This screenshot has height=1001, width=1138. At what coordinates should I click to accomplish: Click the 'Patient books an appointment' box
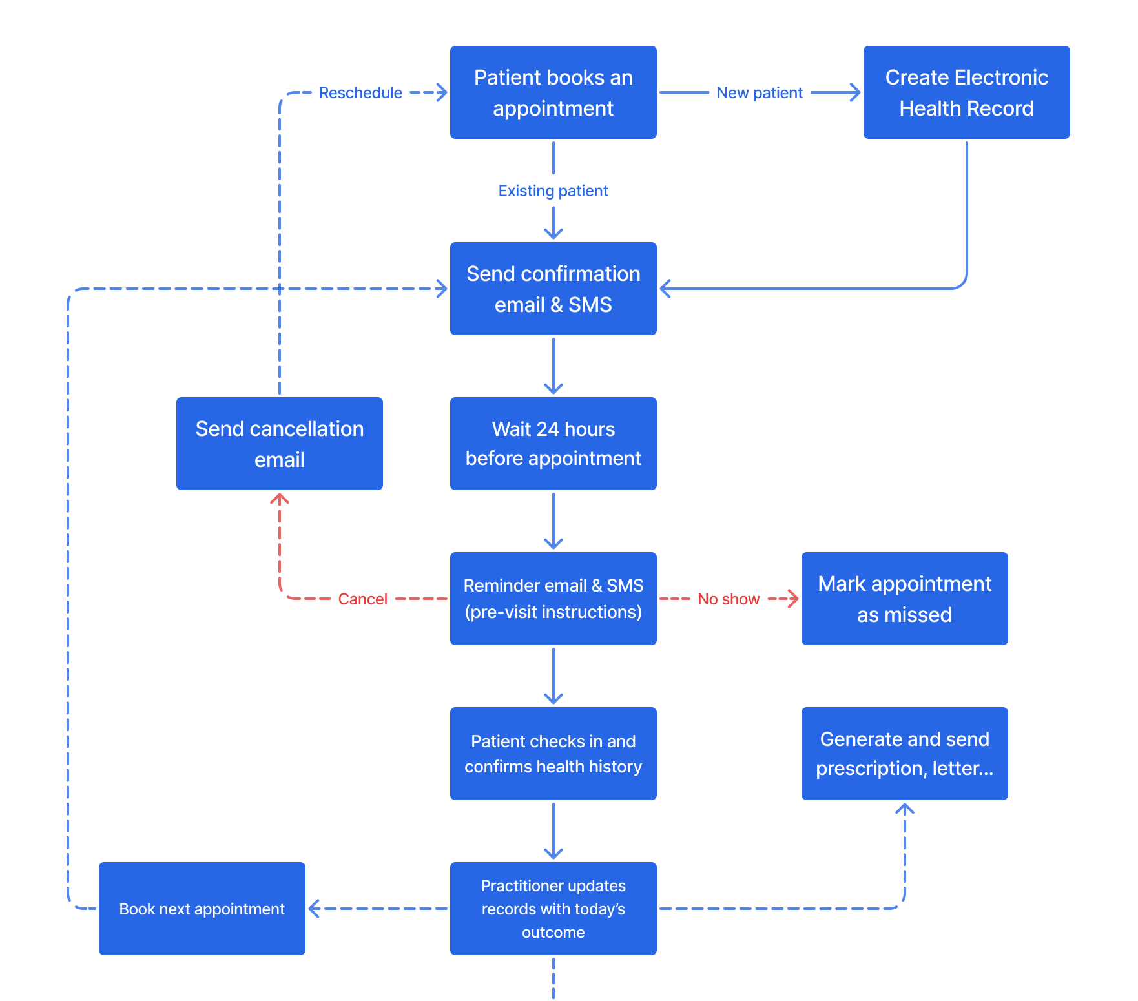pos(553,92)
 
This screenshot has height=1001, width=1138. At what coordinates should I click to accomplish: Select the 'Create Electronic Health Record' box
pos(966,92)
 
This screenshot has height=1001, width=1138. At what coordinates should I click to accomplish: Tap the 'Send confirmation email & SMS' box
pos(553,289)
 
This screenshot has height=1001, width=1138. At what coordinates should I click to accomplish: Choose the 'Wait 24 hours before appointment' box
pos(553,444)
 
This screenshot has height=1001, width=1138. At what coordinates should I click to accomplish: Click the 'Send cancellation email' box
pos(279,444)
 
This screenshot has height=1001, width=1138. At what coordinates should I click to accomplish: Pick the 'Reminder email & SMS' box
pos(553,599)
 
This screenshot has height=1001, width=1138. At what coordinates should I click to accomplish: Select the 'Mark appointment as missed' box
pos(904,599)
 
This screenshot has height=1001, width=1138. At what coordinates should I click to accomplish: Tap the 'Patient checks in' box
pos(553,754)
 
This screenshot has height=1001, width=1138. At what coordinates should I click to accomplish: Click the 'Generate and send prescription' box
pos(904,754)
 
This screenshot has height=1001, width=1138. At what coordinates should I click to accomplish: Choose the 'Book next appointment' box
pos(202,909)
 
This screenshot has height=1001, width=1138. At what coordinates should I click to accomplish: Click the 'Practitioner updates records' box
pos(553,909)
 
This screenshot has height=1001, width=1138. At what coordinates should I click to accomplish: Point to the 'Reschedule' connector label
pos(360,93)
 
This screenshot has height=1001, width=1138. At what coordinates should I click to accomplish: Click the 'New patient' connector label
pos(760,93)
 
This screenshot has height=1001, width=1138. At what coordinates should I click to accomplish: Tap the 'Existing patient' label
pos(553,191)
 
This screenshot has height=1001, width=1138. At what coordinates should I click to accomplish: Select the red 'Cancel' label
pos(362,599)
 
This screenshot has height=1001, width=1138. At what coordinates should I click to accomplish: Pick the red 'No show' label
pos(729,599)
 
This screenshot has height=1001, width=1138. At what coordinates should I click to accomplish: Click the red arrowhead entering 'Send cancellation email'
pos(279,498)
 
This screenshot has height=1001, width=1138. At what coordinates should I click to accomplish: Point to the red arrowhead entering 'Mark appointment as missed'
pos(794,599)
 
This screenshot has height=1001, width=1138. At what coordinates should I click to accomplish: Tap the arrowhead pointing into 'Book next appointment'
pos(314,909)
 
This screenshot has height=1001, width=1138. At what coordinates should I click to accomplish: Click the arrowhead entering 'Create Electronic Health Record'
pos(856,92)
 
